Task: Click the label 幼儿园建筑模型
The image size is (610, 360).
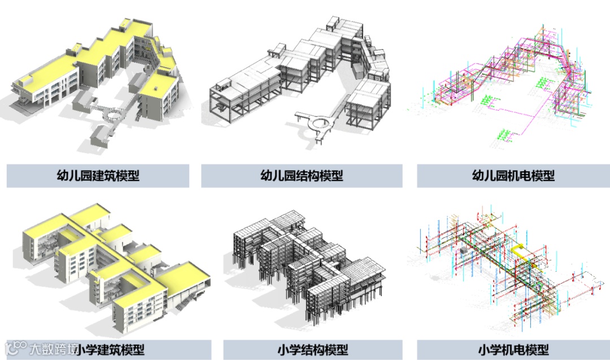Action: click(98, 176)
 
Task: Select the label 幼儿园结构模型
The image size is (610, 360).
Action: click(302, 176)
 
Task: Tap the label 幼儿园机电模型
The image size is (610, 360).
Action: click(513, 176)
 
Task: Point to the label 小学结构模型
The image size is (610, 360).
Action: click(313, 350)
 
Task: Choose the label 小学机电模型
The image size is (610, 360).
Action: click(513, 350)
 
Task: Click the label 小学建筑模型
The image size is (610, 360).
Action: click(111, 350)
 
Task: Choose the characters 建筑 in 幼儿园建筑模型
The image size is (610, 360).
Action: click(105, 176)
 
